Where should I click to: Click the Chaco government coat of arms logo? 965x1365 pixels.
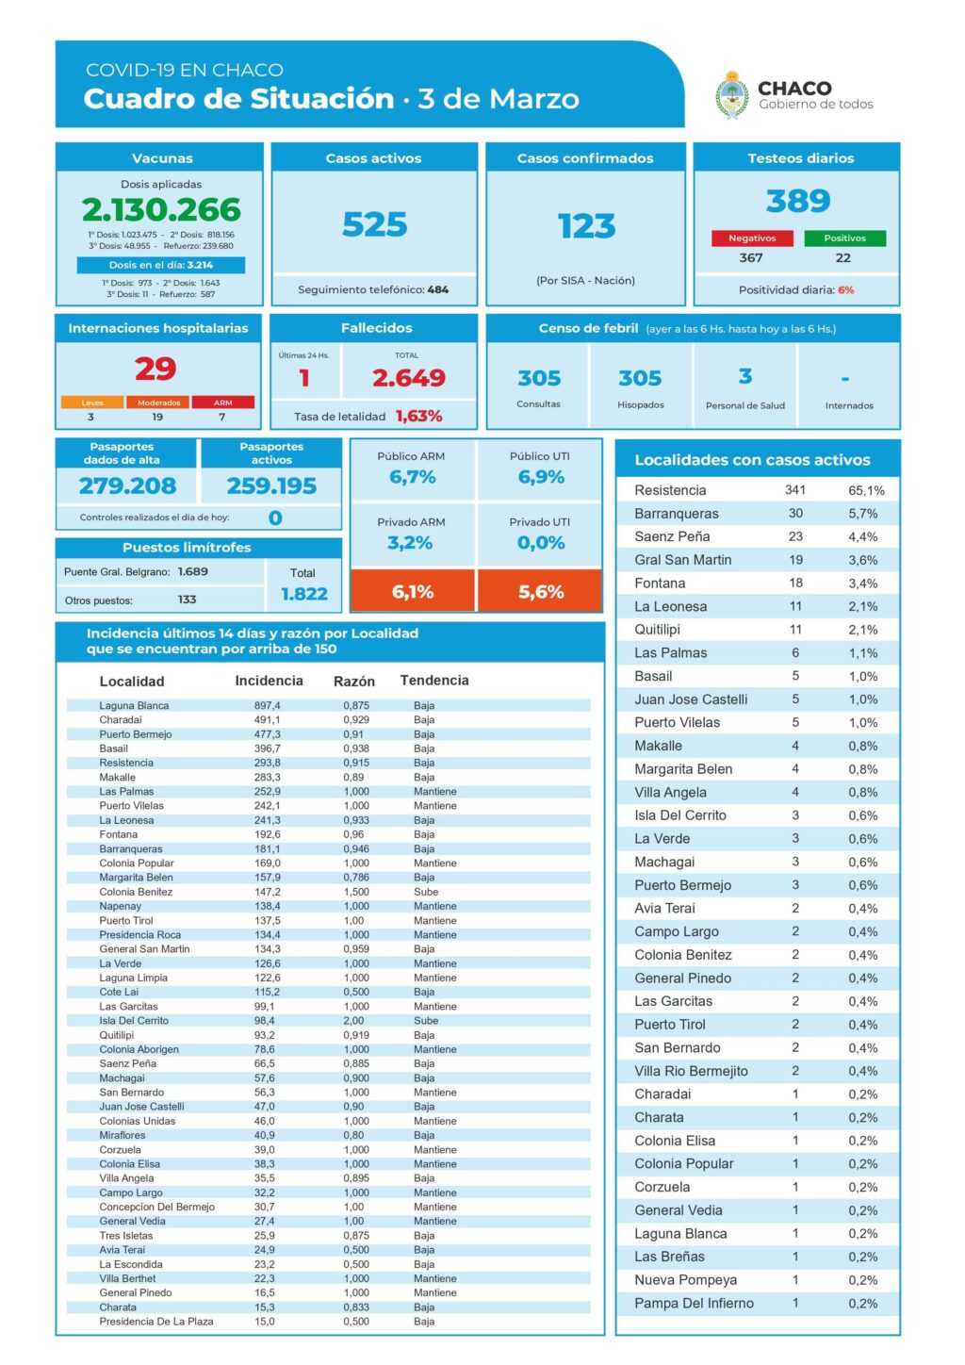(x=731, y=95)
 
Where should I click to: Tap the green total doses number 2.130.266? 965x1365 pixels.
(x=161, y=209)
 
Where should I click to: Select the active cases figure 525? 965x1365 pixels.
(x=374, y=224)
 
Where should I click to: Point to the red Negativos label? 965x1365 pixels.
(x=752, y=238)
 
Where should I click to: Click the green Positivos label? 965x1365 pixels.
(x=844, y=238)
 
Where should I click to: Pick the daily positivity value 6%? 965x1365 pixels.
(x=845, y=290)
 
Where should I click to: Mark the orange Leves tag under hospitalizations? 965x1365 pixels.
(x=91, y=403)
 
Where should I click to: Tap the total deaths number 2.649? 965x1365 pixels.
(x=408, y=378)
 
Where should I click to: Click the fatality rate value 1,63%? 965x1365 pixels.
(x=418, y=416)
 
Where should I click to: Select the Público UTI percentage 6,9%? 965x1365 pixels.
(x=541, y=477)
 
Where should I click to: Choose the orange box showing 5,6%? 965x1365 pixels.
(x=540, y=592)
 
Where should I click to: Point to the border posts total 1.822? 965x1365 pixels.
(x=303, y=594)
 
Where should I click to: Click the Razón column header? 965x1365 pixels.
(x=354, y=682)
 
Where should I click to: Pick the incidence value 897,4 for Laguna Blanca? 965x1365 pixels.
(x=267, y=705)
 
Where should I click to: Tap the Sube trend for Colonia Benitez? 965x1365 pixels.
(x=426, y=892)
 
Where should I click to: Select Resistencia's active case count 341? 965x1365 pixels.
(x=795, y=490)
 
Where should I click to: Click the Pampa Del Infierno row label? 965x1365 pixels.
(x=694, y=1304)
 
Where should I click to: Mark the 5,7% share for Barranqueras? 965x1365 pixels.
(x=863, y=514)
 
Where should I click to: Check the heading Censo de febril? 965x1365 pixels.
(x=588, y=328)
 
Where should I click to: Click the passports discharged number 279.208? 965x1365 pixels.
(x=127, y=485)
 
